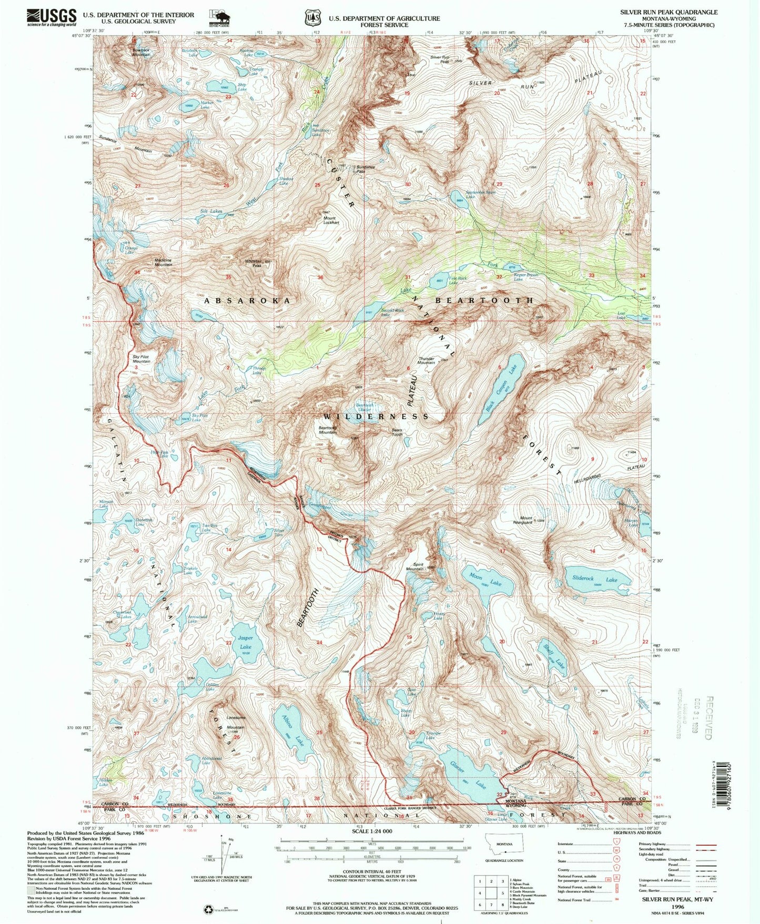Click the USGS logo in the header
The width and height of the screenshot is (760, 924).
click(51, 17)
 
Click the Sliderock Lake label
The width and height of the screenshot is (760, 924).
click(594, 578)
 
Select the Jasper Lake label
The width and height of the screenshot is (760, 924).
click(245, 642)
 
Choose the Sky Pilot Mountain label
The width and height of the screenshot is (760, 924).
click(141, 359)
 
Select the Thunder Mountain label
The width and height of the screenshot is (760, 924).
click(426, 360)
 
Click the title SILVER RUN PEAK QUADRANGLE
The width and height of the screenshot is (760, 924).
click(668, 12)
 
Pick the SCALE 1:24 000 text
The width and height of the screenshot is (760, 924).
click(364, 831)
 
